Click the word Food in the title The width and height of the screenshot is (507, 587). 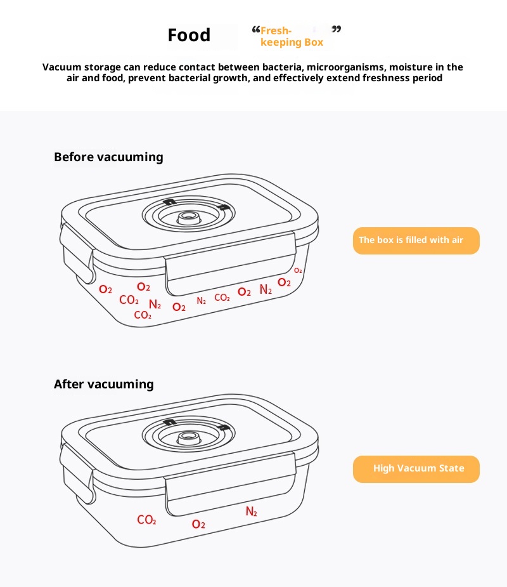coord(189,35)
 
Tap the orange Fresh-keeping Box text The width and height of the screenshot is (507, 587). coord(292,36)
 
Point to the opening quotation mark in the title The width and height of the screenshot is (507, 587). coord(256,29)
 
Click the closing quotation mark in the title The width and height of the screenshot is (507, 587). coord(337,29)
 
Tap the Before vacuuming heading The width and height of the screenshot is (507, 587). coord(108,157)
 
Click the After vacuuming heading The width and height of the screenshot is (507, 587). coord(103,384)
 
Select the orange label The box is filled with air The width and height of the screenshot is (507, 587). coord(416,241)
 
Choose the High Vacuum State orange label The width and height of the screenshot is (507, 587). coord(416,469)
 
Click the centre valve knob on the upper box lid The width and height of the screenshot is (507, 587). coord(189,217)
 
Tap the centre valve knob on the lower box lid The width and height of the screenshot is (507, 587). coord(189,437)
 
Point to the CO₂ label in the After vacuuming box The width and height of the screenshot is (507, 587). coord(146,520)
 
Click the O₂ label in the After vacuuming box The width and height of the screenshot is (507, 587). coord(198,524)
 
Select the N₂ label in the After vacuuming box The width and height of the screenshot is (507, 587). coord(251,511)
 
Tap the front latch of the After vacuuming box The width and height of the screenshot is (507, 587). coord(230,483)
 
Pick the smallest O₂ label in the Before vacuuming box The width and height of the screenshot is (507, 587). coord(298,270)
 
